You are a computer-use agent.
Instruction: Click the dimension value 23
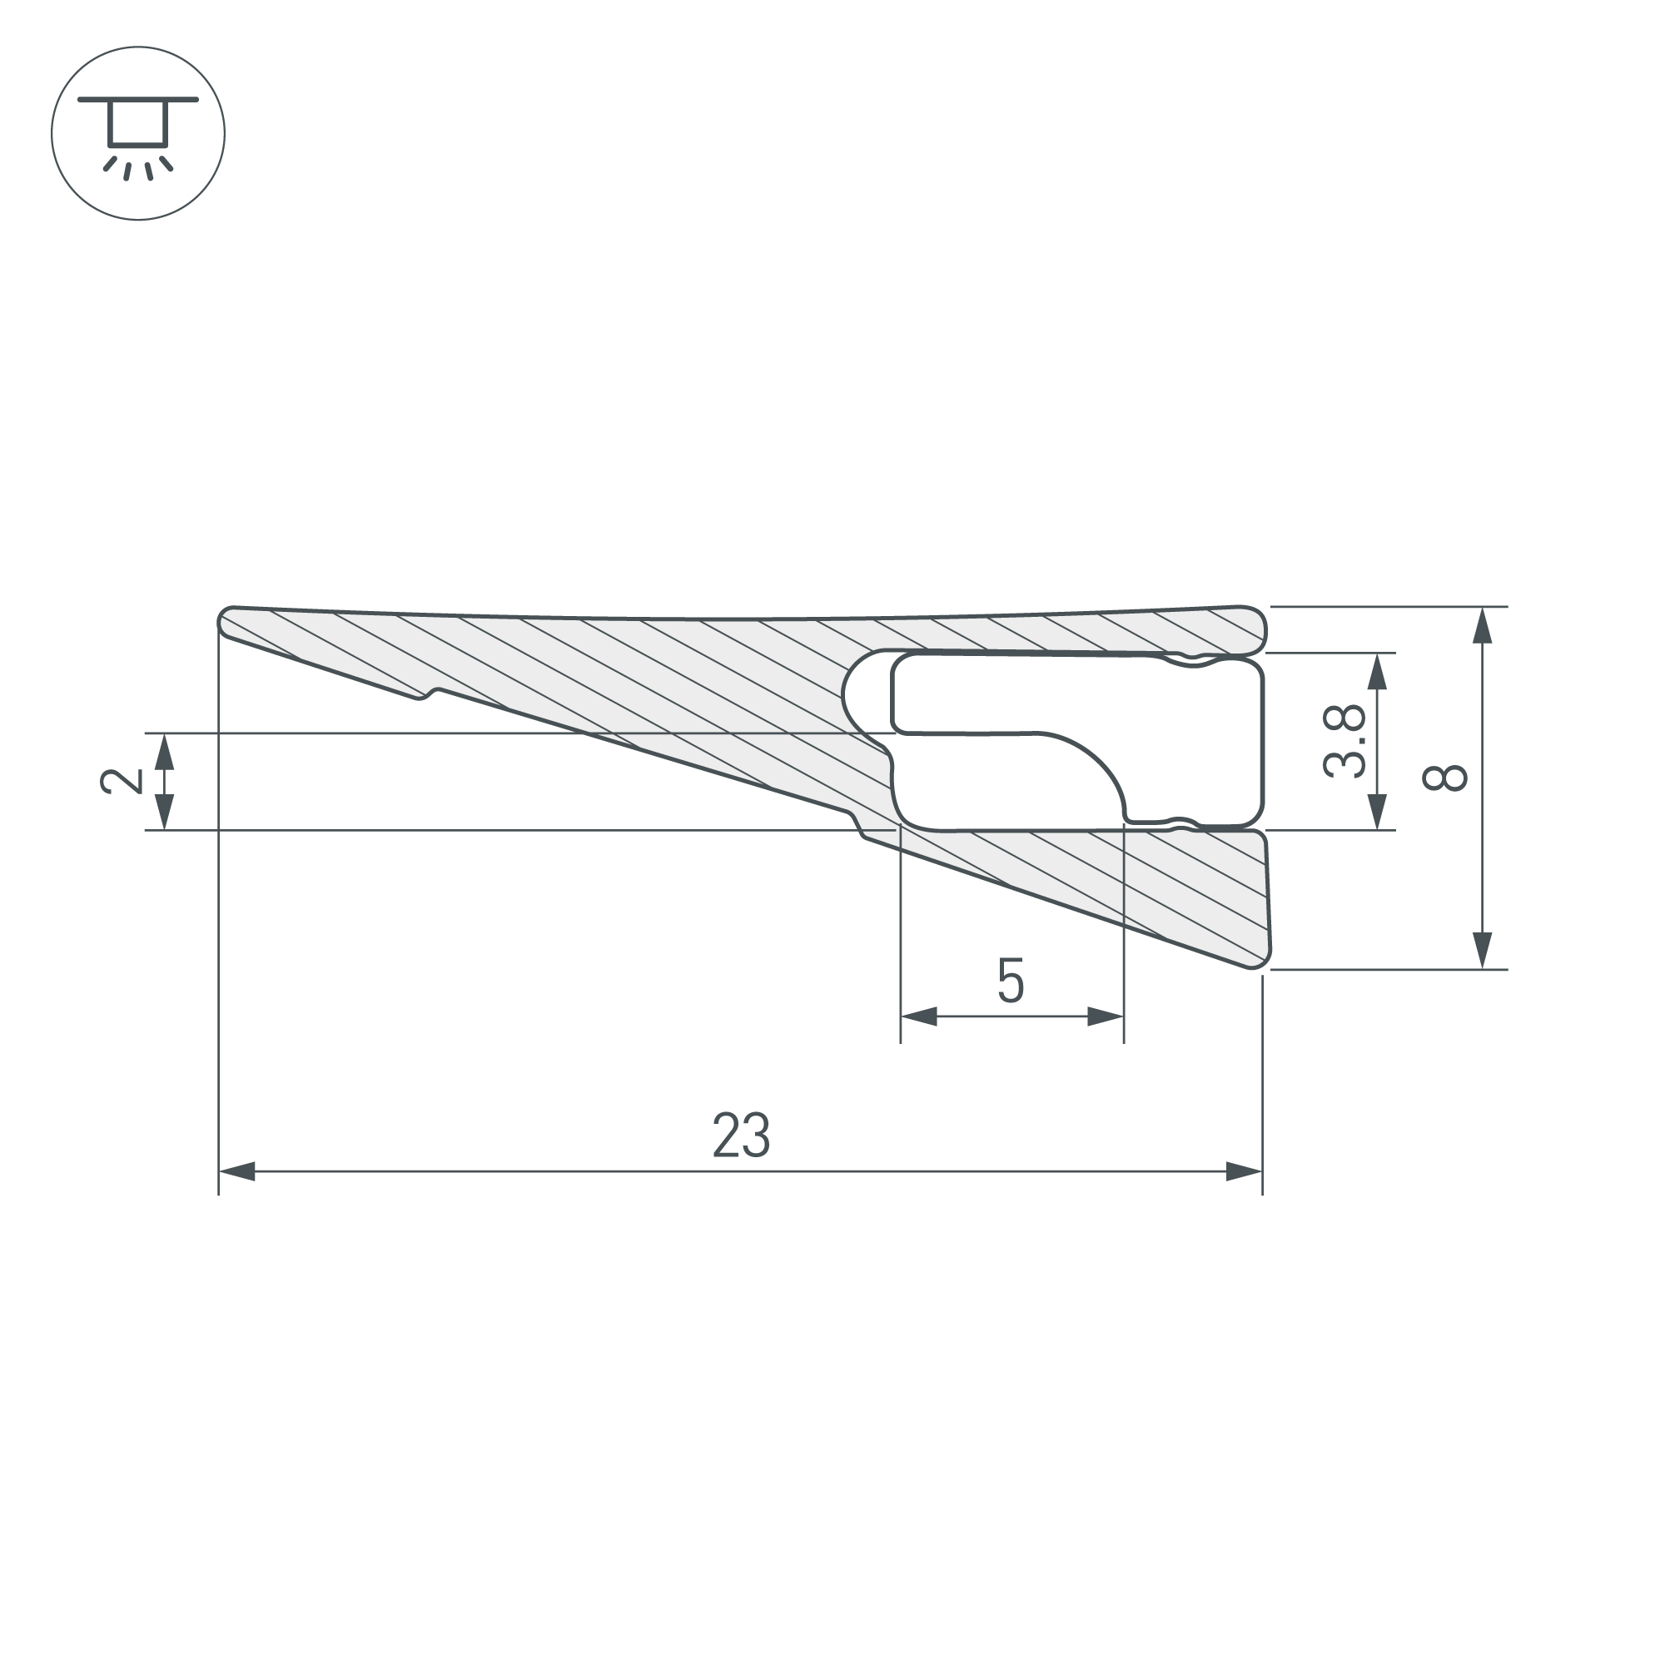tap(740, 1135)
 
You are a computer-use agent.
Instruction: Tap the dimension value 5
tap(1011, 981)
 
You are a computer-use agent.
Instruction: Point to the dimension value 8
tap(1444, 778)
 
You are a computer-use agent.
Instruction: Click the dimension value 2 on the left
tap(122, 781)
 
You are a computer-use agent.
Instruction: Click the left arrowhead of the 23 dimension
tap(238, 1171)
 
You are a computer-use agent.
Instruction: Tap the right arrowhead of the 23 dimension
tap(1244, 1171)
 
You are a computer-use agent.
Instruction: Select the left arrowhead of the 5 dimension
tap(919, 1016)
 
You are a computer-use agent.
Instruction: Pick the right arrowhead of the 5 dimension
tap(1106, 1016)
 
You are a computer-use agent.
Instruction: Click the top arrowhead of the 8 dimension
tap(1483, 626)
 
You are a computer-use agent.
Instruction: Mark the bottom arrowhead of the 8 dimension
tap(1483, 951)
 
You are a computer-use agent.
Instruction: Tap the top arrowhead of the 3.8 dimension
tap(1377, 671)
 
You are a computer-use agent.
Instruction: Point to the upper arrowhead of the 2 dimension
tap(165, 752)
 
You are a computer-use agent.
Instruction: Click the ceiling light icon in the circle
tap(138, 133)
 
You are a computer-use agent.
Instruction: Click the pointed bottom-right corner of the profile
tap(1260, 962)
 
